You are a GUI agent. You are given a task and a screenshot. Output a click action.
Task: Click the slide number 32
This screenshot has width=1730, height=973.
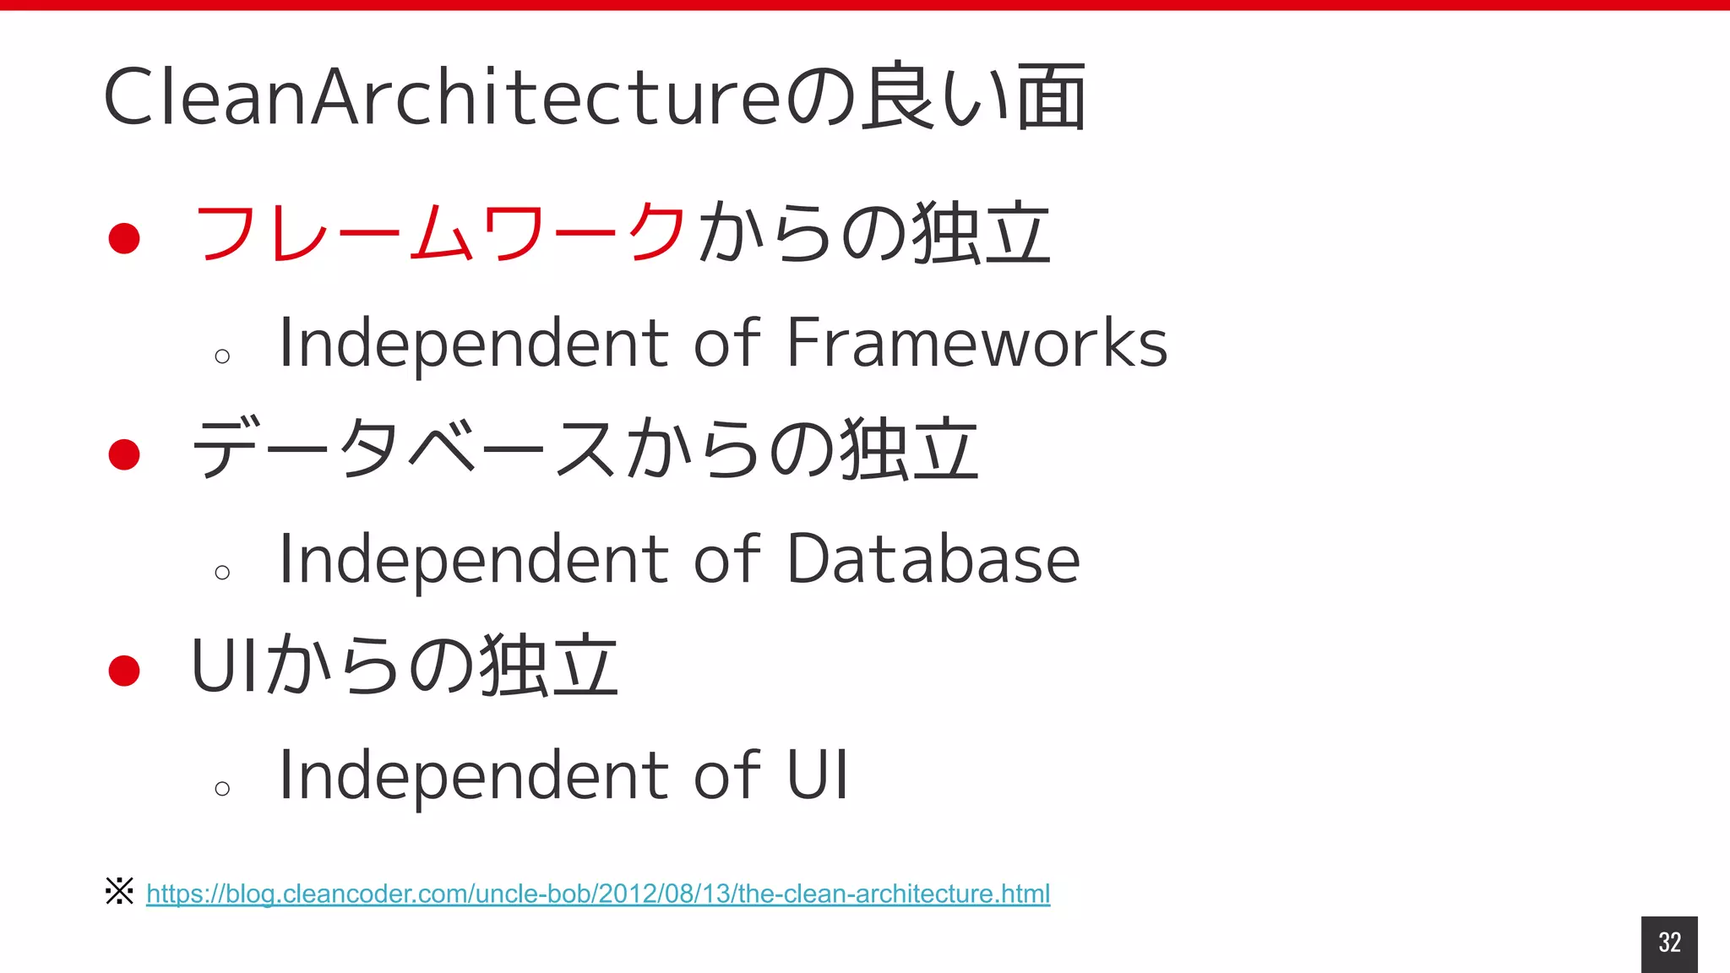[1669, 943]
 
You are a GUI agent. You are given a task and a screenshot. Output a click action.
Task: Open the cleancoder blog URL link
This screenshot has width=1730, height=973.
[597, 894]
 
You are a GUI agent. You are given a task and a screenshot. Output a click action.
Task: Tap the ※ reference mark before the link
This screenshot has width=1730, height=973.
[119, 891]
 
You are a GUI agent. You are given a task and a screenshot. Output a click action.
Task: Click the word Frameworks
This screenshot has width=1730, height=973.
[977, 343]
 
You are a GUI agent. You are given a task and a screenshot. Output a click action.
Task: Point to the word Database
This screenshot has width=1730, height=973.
[933, 559]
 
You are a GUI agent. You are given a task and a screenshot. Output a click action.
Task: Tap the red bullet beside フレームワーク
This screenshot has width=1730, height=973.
[124, 238]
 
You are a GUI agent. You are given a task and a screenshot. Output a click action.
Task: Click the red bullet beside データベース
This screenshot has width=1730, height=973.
[124, 454]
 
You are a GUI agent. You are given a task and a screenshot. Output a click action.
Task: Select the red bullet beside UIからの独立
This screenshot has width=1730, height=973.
[124, 671]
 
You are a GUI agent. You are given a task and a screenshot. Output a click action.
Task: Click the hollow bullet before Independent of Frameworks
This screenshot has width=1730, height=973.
[222, 356]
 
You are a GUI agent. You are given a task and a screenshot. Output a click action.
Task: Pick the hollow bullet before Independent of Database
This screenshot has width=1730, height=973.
[222, 573]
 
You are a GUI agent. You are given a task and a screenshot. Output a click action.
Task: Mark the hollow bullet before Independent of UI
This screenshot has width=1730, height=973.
[222, 789]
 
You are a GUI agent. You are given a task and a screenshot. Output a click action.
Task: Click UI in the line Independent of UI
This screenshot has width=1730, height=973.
[817, 775]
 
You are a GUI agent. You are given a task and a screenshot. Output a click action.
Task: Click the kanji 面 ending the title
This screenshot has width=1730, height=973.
[1051, 97]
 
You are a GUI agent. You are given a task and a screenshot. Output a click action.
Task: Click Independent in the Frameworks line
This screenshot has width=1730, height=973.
[473, 345]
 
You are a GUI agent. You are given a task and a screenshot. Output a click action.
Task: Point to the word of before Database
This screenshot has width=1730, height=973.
[726, 559]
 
